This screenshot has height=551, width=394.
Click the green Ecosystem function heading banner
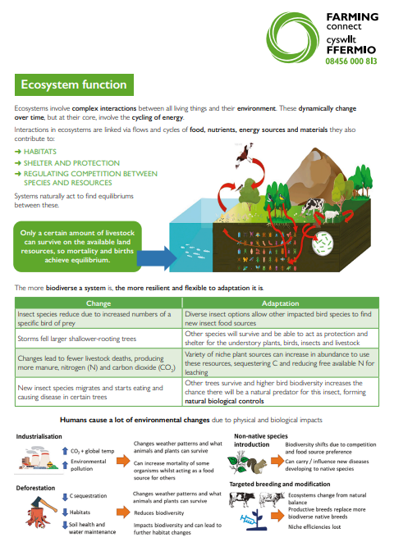coord(71,84)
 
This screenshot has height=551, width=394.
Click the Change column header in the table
coord(98,303)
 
